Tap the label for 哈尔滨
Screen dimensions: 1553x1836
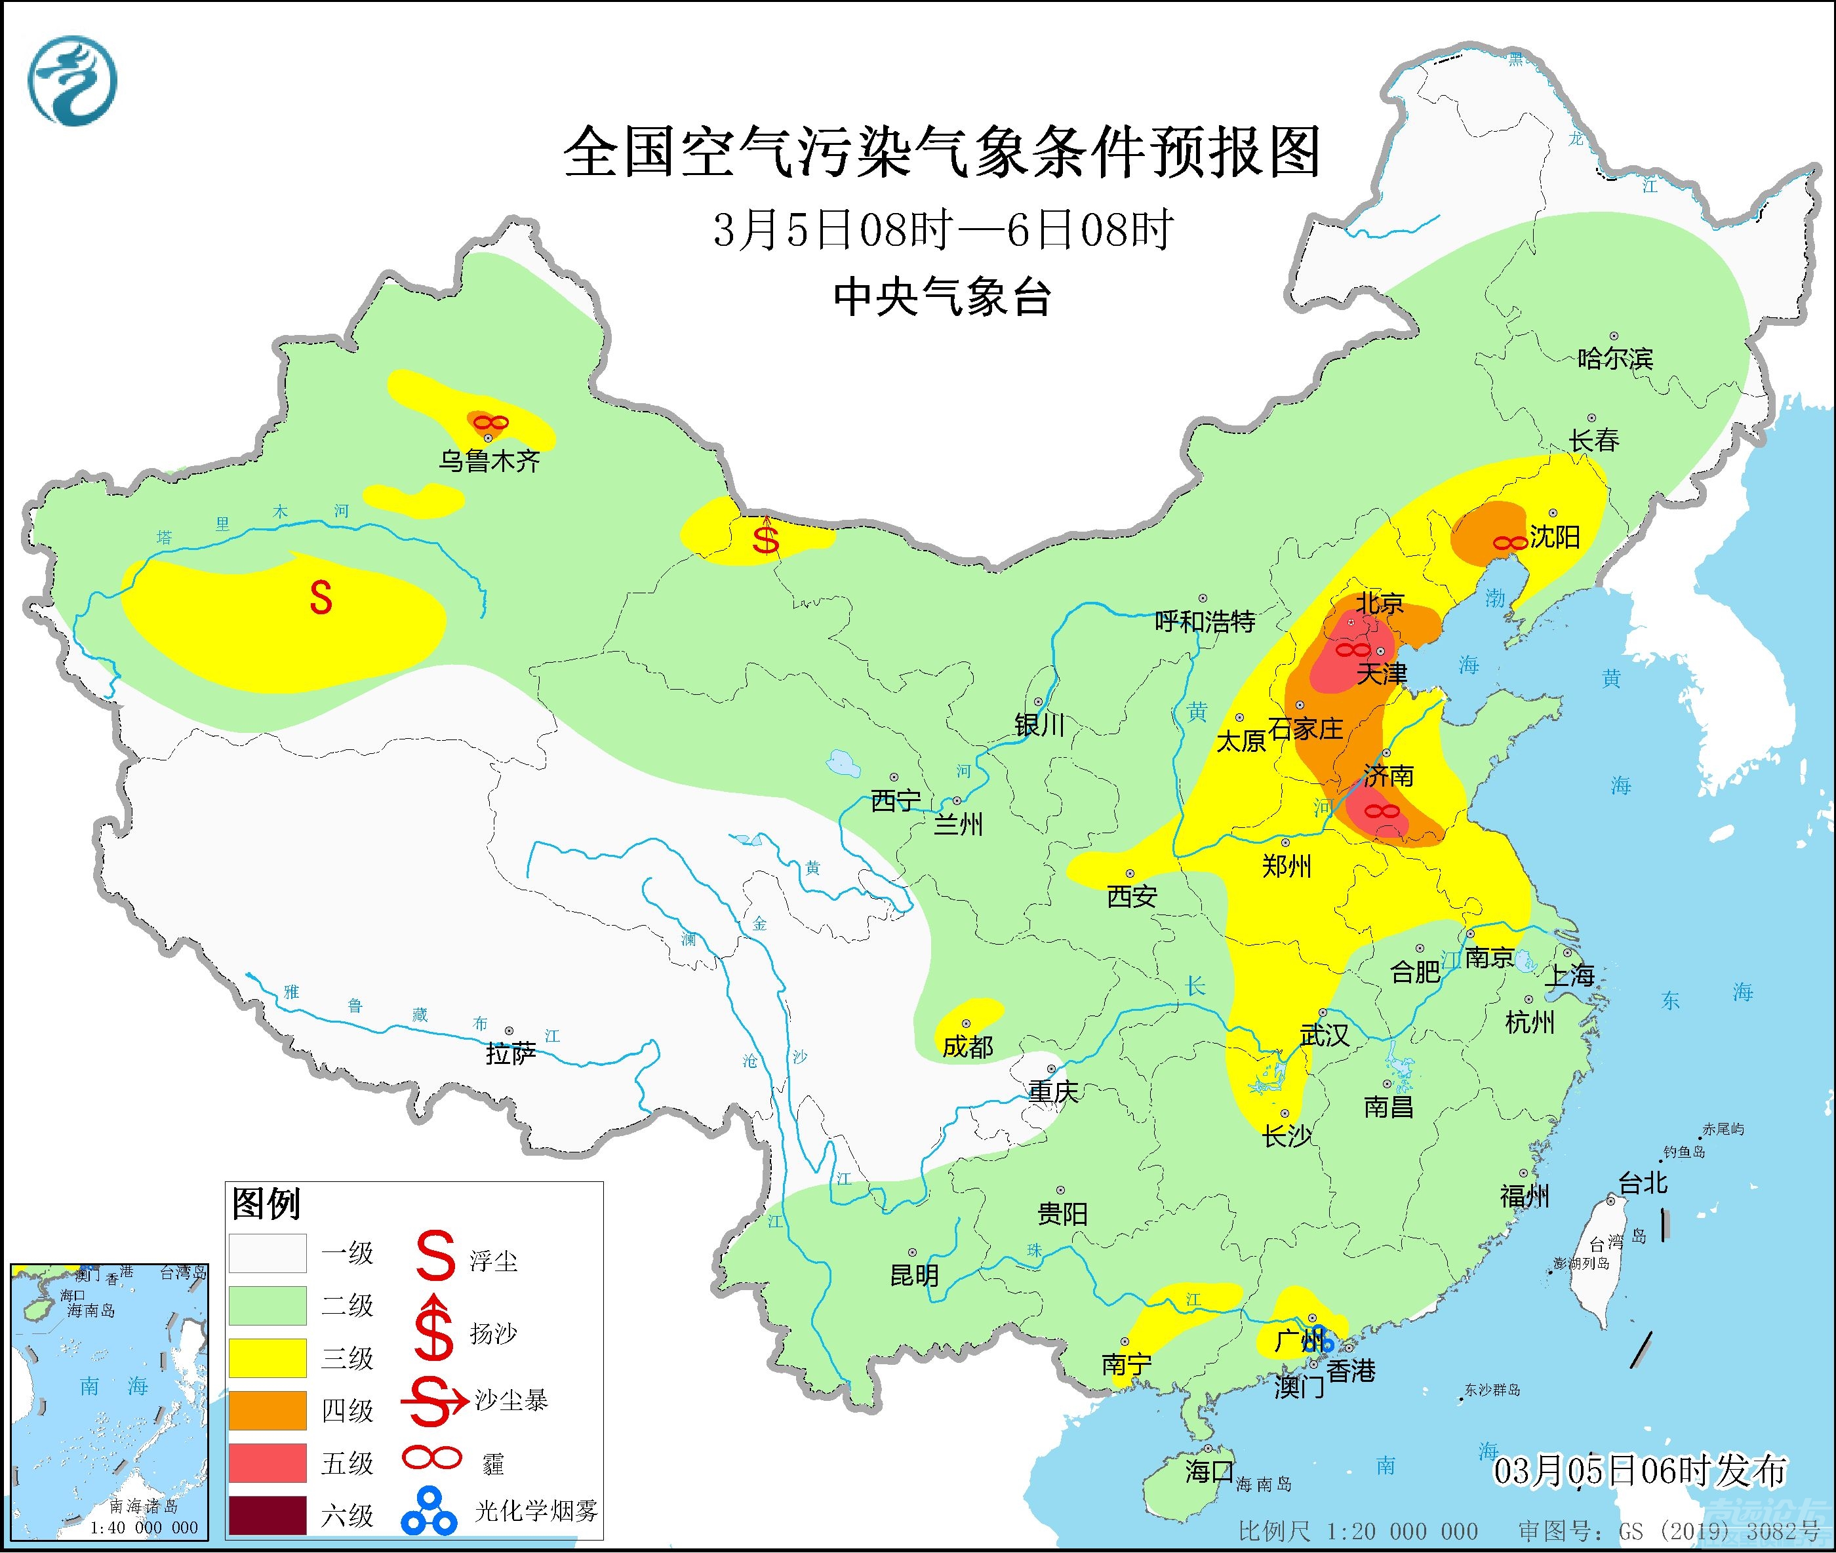pos(1615,359)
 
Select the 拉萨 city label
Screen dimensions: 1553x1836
pos(510,1053)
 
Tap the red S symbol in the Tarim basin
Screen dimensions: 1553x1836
pos(321,599)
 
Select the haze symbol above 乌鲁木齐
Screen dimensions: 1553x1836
pos(490,423)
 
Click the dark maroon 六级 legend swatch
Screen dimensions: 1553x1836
pos(268,1514)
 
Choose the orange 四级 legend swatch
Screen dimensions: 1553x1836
pos(268,1410)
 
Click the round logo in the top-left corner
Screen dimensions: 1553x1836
pos(72,81)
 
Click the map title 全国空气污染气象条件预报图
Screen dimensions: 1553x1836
pos(942,152)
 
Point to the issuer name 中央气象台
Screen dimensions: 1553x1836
pos(942,297)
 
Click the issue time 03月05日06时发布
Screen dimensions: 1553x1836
pos(1639,1470)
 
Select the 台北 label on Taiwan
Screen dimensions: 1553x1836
pos(1643,1183)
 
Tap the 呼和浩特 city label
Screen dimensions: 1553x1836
pos(1204,621)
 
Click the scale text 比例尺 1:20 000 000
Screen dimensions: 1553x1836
pos(1357,1531)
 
